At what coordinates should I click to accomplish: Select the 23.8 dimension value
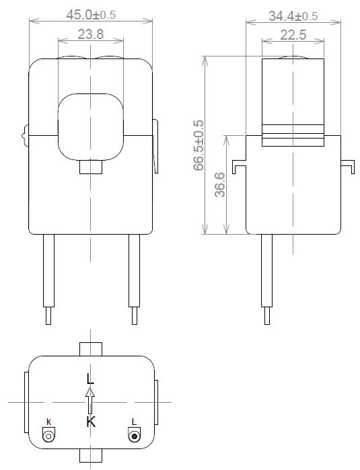pyautogui.click(x=90, y=35)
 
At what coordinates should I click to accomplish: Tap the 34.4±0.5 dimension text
pyautogui.click(x=293, y=15)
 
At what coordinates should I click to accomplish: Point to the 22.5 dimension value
pyautogui.click(x=293, y=35)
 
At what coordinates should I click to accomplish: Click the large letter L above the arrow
pyautogui.click(x=90, y=379)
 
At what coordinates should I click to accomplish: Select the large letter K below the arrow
pyautogui.click(x=91, y=422)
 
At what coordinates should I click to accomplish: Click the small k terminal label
pyautogui.click(x=48, y=422)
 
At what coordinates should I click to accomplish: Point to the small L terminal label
pyautogui.click(x=135, y=422)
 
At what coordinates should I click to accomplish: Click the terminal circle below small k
pyautogui.click(x=48, y=436)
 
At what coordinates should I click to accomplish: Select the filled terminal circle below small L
pyautogui.click(x=135, y=436)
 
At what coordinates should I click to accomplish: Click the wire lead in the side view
pyautogui.click(x=266, y=276)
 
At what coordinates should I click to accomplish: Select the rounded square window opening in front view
pyautogui.click(x=90, y=126)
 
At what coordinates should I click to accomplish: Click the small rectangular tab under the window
pyautogui.click(x=90, y=166)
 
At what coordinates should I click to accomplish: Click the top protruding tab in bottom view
pyautogui.click(x=90, y=348)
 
